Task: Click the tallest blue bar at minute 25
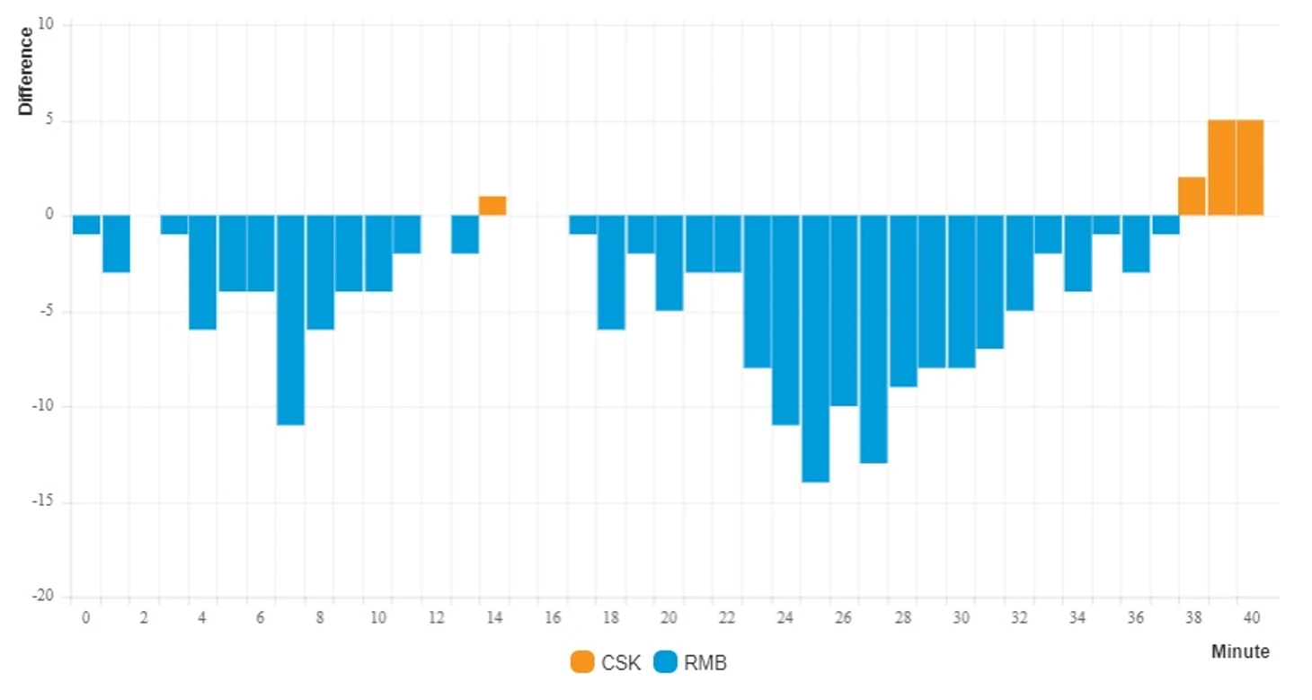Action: [x=815, y=349]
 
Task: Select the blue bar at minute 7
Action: [x=290, y=320]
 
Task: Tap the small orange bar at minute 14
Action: [x=492, y=206]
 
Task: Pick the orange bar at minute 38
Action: [x=1192, y=197]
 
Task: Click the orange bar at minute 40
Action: [x=1250, y=168]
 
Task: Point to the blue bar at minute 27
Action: [x=873, y=339]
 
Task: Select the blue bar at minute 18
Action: [x=611, y=272]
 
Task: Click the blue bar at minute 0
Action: [x=86, y=225]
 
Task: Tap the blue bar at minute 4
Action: [x=202, y=272]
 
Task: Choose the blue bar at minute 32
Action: [x=1019, y=262]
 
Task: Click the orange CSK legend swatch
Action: [x=582, y=663]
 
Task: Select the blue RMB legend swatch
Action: [x=665, y=663]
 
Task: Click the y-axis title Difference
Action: [x=26, y=71]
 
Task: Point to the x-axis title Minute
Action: [x=1240, y=651]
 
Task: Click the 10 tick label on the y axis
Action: [x=47, y=25]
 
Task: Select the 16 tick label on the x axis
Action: [x=553, y=618]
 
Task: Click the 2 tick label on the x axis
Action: [x=144, y=618]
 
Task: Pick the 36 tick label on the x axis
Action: [x=1136, y=618]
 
